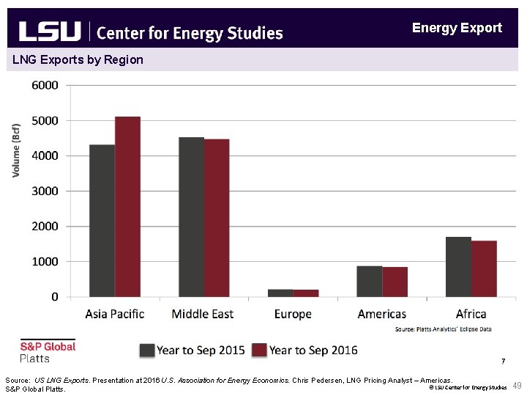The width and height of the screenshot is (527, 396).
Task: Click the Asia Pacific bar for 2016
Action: click(x=127, y=207)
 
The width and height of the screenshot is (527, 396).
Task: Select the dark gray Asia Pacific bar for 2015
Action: click(x=102, y=221)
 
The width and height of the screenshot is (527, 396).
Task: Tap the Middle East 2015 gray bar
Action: click(x=191, y=217)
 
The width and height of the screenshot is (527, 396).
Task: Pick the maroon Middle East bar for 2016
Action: click(x=217, y=218)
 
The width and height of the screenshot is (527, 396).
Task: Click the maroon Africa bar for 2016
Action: click(x=484, y=268)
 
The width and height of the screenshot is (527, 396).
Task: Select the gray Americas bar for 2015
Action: click(x=369, y=282)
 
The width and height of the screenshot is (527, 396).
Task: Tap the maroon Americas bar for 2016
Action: click(x=395, y=282)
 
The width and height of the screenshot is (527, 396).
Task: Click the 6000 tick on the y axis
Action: click(x=45, y=85)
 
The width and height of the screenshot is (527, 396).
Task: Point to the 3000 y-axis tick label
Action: click(x=45, y=191)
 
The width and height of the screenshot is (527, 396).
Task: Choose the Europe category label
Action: click(x=292, y=314)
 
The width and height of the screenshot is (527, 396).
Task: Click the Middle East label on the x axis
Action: click(x=203, y=314)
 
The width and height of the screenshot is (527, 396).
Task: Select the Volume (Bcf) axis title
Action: click(x=16, y=150)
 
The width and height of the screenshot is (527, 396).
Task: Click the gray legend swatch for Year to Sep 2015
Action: click(x=147, y=350)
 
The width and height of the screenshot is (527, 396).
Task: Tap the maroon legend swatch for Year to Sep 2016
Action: click(x=259, y=350)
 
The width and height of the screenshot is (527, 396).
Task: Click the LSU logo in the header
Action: click(x=49, y=32)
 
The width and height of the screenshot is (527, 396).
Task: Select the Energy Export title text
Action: click(x=457, y=28)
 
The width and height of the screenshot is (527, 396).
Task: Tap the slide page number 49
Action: click(x=517, y=386)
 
